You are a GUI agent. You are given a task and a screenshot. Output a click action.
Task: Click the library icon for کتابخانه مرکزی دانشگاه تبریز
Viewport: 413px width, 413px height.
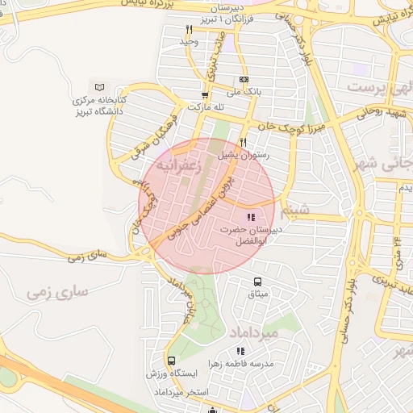point(100,87)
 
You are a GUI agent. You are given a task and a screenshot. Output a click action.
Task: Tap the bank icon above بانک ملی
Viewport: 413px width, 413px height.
point(244,79)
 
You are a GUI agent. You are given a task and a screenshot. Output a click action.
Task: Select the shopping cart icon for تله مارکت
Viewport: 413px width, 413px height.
point(206,94)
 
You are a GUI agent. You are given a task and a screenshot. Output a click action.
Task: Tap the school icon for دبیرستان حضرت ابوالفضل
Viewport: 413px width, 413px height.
point(250,217)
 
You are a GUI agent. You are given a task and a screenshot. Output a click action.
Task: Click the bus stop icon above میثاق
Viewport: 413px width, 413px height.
point(257,282)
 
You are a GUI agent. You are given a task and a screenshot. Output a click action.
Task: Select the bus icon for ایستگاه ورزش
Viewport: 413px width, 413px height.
point(171,361)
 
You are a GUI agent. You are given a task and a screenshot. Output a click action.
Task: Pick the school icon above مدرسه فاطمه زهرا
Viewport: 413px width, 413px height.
point(240,351)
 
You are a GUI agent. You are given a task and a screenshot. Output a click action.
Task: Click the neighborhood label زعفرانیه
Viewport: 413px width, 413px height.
point(177,165)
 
